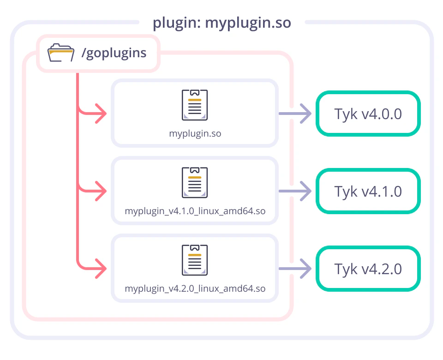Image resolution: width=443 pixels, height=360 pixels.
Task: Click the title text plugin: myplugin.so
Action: [x=222, y=23]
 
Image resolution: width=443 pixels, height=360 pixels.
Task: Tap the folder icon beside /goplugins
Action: [x=60, y=53]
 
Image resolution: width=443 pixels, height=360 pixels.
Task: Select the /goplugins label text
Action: [x=114, y=53]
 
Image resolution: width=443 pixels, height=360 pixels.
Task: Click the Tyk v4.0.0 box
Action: [x=368, y=114]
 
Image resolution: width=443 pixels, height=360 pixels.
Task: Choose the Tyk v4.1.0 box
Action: [x=368, y=191]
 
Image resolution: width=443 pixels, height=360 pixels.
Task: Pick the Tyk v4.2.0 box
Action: [x=368, y=269]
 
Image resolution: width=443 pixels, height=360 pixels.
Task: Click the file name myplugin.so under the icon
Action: [x=195, y=134]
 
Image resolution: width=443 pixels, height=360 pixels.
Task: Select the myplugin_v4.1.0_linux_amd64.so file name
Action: [x=195, y=211]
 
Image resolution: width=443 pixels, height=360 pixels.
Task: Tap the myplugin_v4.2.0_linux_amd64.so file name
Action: [x=195, y=289]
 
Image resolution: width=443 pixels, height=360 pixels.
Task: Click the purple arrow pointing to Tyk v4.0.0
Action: [x=295, y=114]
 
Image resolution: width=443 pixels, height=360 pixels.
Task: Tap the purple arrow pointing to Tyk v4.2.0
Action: [x=295, y=269]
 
